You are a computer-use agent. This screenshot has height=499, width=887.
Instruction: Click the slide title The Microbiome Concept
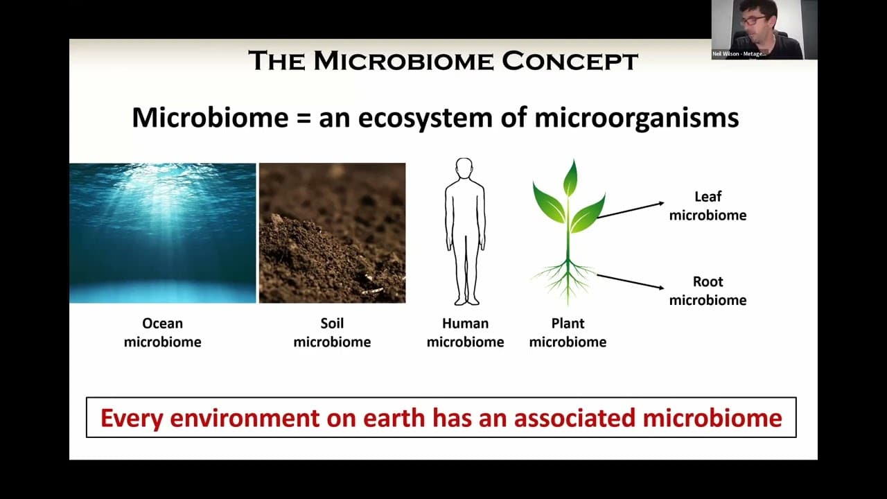pos(443,61)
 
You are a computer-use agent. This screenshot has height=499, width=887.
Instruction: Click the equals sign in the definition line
pos(303,117)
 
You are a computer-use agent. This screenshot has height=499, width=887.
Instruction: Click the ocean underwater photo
pos(162,233)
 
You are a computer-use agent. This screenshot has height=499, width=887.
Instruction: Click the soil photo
pos(332,233)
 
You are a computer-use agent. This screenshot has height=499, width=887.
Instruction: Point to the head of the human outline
pos(464,169)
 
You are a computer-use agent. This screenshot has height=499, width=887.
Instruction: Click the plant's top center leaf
pos(570,178)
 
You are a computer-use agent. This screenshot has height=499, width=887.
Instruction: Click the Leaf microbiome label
pos(708,206)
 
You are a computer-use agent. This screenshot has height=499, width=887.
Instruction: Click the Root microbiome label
pos(708,291)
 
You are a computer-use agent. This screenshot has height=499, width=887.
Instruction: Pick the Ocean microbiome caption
pos(162,333)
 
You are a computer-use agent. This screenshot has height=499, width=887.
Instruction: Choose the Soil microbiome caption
pos(332,333)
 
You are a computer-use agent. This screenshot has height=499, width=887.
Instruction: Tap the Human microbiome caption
pos(465,333)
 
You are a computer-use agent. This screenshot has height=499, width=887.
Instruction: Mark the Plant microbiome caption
pos(568,333)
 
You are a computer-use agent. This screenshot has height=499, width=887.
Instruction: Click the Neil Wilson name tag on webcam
pos(739,53)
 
